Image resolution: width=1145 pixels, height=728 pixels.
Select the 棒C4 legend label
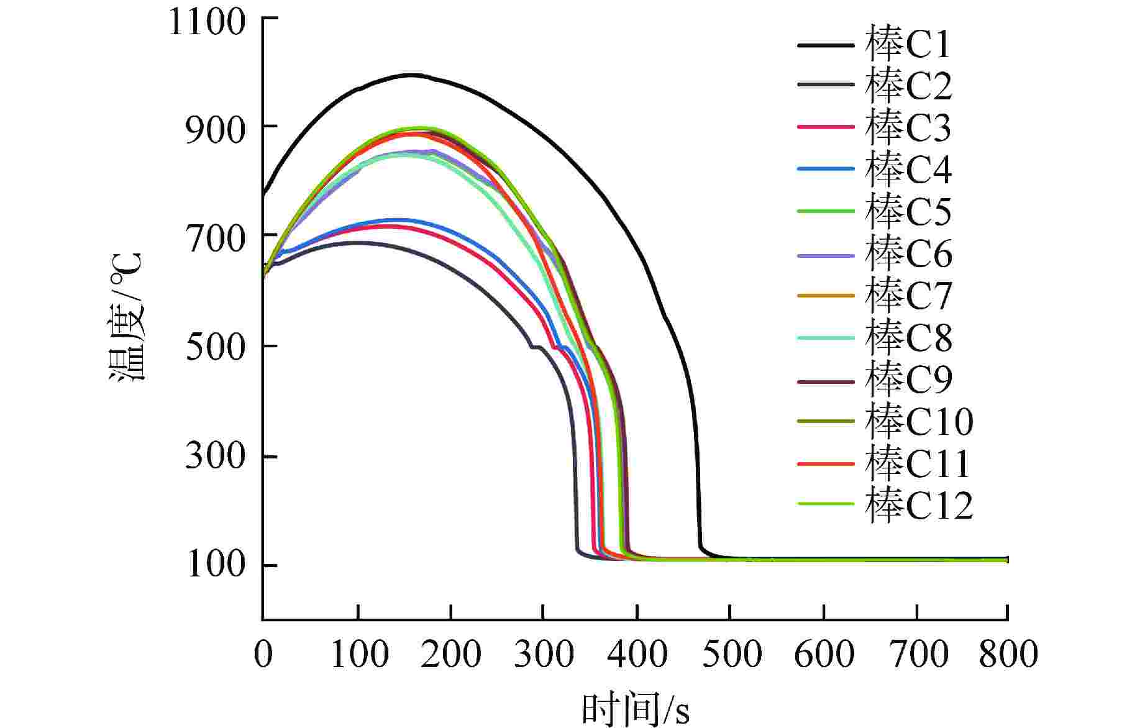coord(908,170)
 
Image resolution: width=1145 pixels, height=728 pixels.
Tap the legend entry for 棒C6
coord(908,254)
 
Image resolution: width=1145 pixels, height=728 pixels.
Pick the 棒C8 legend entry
coord(908,338)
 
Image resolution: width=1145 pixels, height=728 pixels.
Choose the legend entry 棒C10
coord(918,422)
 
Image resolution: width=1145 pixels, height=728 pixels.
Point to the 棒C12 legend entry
coord(918,505)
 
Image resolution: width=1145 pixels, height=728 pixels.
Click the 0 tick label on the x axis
coord(263,654)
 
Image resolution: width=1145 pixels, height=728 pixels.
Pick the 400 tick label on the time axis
coord(637,654)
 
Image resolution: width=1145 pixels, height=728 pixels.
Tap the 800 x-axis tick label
coord(1008,654)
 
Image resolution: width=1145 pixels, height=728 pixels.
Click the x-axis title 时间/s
coord(635,709)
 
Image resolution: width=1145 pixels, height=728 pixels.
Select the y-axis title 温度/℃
coord(127,317)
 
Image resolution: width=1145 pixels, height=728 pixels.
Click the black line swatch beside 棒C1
coord(826,45)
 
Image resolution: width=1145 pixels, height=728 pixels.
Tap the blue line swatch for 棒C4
coord(826,170)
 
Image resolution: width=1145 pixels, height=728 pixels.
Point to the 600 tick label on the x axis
coord(824,654)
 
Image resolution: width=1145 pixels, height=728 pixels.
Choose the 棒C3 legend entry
coord(908,127)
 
